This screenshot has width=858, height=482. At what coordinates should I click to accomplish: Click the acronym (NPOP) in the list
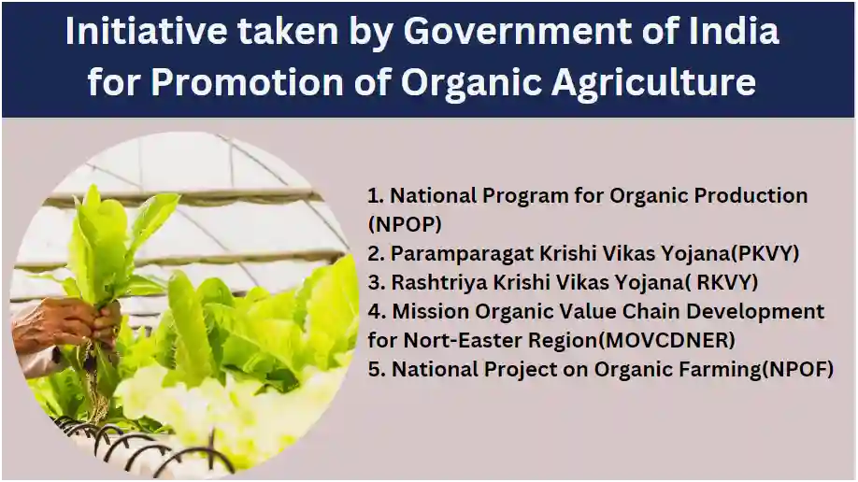tap(405, 225)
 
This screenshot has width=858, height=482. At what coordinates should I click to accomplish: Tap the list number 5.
tap(375, 369)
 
